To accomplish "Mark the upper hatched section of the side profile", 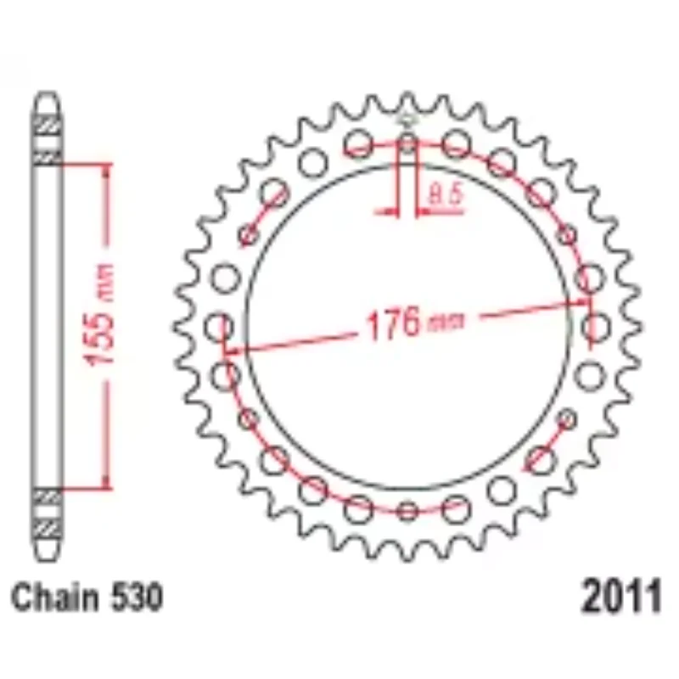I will click(48, 136).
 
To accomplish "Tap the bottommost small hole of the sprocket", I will click(408, 510).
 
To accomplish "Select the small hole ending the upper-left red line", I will click(248, 235).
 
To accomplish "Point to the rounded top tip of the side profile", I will click(48, 100).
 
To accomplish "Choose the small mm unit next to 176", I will click(441, 323).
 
